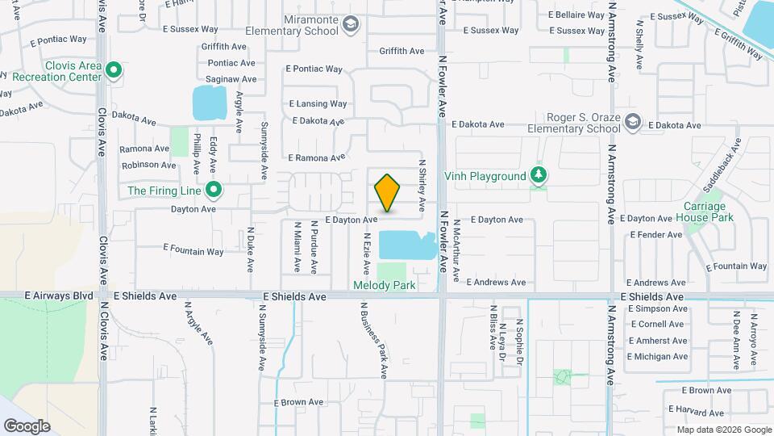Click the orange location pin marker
(x=387, y=193)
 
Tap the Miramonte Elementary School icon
(x=351, y=24)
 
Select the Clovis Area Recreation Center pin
(x=114, y=71)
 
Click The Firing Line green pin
(x=214, y=191)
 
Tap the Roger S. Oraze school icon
(x=633, y=122)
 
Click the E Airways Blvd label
(x=59, y=296)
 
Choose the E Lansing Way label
(x=318, y=104)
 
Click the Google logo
(x=27, y=426)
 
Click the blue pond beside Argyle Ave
(x=210, y=103)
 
